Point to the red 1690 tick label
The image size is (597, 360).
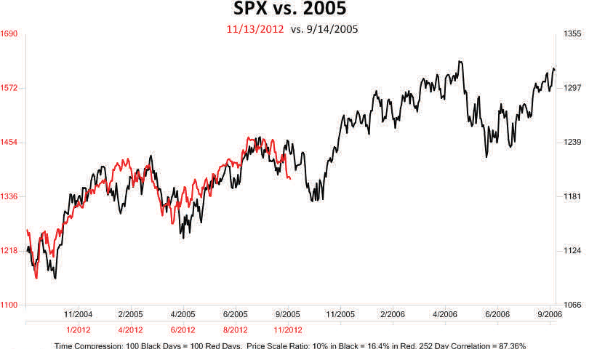point(9,34)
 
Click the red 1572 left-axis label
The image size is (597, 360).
point(9,88)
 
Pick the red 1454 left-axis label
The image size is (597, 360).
point(9,143)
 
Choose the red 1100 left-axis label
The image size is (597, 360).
point(9,305)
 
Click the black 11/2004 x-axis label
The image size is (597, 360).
point(78,314)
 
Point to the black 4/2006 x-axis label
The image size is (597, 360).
point(446,314)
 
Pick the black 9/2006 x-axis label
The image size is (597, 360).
point(550,314)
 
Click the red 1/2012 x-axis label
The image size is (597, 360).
point(78,329)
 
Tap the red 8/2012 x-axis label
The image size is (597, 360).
point(236,329)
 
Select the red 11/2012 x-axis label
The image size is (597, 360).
point(288,329)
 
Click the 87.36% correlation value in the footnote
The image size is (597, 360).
point(508,347)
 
